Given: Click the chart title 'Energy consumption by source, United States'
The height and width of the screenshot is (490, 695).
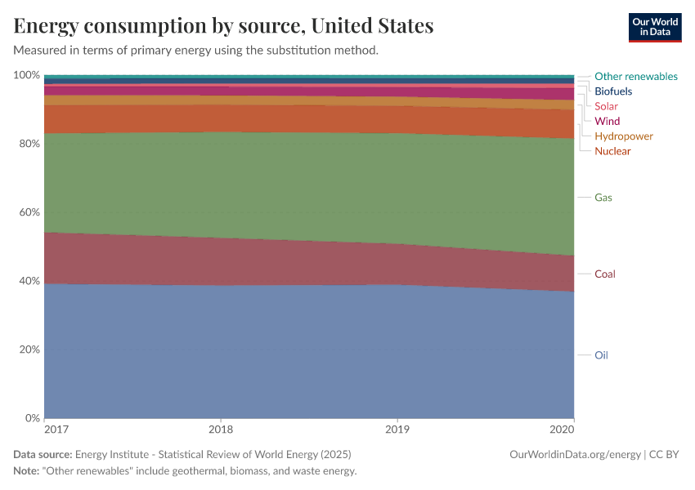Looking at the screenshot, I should (223, 25).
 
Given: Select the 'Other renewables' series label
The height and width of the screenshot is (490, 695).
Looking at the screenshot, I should (635, 76).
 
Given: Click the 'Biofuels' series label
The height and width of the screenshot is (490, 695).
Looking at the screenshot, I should (612, 91).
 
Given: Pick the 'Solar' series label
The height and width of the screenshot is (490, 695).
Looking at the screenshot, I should (606, 106).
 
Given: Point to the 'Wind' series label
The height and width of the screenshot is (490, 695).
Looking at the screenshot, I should (607, 121).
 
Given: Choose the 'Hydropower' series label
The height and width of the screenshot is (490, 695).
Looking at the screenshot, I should (623, 136).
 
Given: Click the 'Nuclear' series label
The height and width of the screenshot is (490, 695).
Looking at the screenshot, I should (612, 151).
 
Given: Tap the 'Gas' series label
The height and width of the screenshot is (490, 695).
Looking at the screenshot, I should (603, 198).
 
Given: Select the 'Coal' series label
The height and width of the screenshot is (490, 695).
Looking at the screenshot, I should (604, 274).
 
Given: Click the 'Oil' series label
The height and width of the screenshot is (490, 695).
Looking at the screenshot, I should (601, 355).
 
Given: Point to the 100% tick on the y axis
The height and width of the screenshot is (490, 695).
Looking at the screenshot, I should (27, 75).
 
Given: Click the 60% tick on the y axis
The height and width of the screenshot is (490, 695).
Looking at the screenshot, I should (29, 212).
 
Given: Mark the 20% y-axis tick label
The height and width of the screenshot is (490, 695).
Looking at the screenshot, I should (29, 350).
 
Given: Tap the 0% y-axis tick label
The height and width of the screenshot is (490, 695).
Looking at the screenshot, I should (31, 418).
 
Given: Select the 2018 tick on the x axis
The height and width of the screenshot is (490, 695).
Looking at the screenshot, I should (221, 429).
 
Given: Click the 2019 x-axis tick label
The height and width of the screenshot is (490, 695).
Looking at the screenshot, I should (397, 429).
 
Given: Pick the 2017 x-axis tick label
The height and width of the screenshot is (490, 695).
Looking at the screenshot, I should (56, 429).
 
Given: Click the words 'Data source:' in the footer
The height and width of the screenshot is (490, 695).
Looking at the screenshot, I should (43, 454).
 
